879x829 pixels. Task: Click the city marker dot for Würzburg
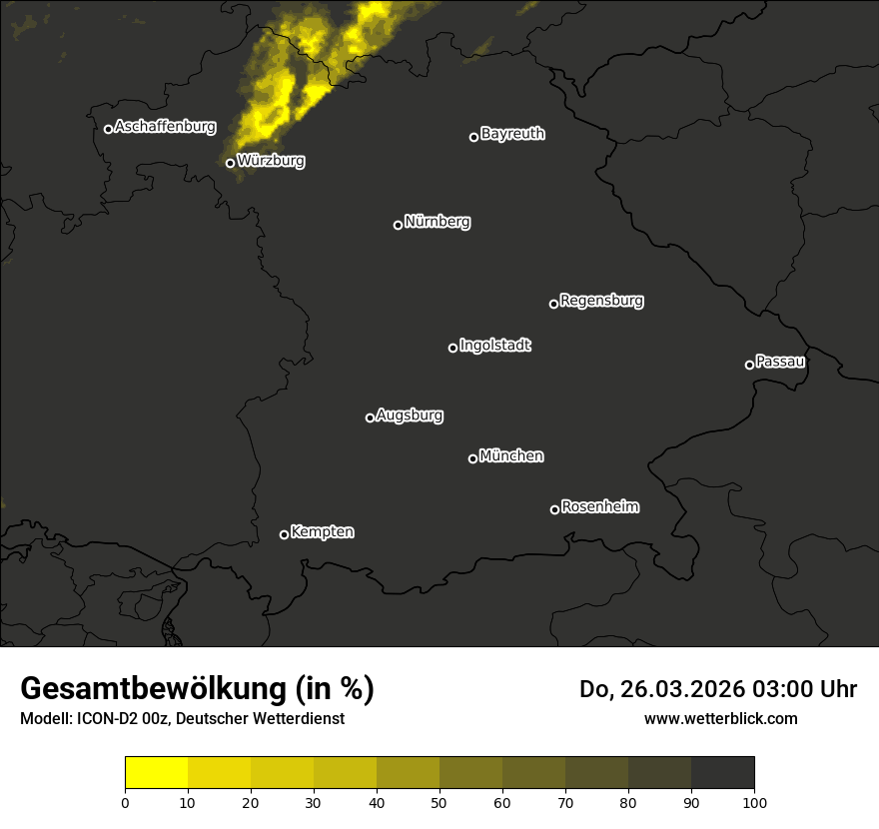(230, 163)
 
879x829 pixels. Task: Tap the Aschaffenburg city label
(165, 127)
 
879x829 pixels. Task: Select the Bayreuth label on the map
(512, 134)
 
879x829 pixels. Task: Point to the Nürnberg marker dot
(398, 225)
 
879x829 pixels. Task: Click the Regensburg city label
(601, 301)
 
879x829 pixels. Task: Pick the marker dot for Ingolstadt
(452, 348)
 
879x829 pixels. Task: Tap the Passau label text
(780, 362)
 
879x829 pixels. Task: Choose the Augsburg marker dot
(370, 417)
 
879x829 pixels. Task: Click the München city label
(511, 456)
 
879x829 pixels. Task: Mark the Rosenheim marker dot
(554, 509)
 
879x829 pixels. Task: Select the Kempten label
(322, 532)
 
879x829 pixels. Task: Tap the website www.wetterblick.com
(720, 718)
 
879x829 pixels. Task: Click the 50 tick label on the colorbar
(439, 802)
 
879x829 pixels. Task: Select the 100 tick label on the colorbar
(754, 802)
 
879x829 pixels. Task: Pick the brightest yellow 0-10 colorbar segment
(157, 773)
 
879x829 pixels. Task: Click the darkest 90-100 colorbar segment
(722, 773)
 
